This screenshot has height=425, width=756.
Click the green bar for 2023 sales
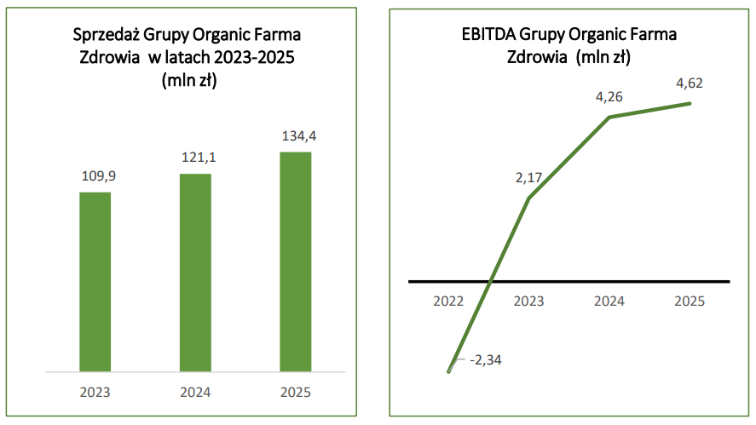click(x=95, y=281)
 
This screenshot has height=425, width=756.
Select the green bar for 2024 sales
click(x=195, y=273)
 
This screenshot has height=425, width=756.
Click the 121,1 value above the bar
click(x=195, y=158)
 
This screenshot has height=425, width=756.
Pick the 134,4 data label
click(x=296, y=135)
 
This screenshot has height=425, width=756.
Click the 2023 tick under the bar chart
click(x=95, y=393)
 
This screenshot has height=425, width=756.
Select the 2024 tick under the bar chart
click(x=195, y=393)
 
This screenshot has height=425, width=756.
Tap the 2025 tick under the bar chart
click(x=296, y=393)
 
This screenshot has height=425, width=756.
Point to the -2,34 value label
click(x=486, y=360)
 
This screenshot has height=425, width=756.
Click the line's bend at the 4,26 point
click(x=609, y=117)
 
